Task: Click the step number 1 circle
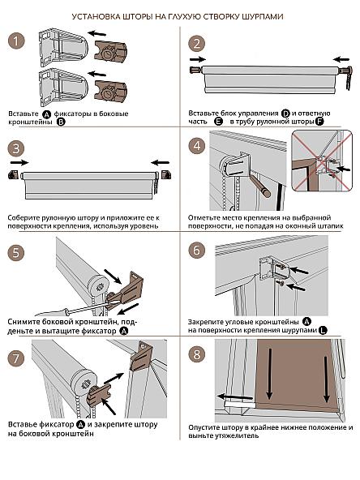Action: click(x=15, y=41)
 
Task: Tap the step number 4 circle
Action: click(x=196, y=146)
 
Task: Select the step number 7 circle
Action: click(x=15, y=358)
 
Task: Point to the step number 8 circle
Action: click(x=196, y=354)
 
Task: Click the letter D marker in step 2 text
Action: click(x=285, y=114)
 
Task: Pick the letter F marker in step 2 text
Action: click(x=319, y=122)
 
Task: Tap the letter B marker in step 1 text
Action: click(x=62, y=122)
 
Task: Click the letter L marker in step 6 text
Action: click(x=323, y=331)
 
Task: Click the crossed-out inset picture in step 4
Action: click(x=322, y=161)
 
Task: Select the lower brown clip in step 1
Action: click(x=111, y=91)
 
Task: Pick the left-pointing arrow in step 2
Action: click(x=341, y=59)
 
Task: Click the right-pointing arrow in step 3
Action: click(x=19, y=162)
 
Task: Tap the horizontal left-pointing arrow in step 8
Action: click(x=235, y=397)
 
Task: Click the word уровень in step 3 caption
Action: click(x=144, y=226)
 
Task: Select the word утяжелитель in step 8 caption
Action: click(x=238, y=435)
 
